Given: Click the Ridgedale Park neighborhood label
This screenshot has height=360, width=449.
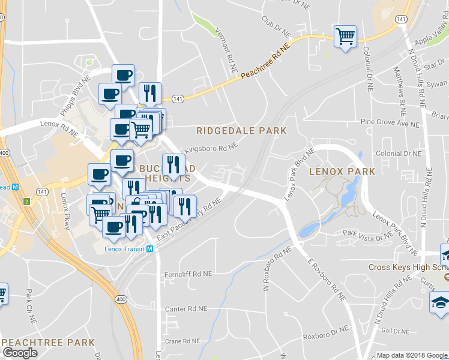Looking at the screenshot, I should point(242,130).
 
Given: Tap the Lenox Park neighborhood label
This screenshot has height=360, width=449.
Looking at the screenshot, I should point(342,172).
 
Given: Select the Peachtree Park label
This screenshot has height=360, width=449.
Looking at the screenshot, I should point(49,343).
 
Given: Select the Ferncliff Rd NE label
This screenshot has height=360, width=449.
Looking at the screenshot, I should point(188,274).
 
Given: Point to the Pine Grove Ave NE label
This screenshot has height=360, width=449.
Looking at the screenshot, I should point(390,123).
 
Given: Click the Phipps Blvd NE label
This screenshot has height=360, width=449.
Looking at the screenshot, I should point(76,96).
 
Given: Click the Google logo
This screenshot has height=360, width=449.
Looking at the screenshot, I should point(20,353).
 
